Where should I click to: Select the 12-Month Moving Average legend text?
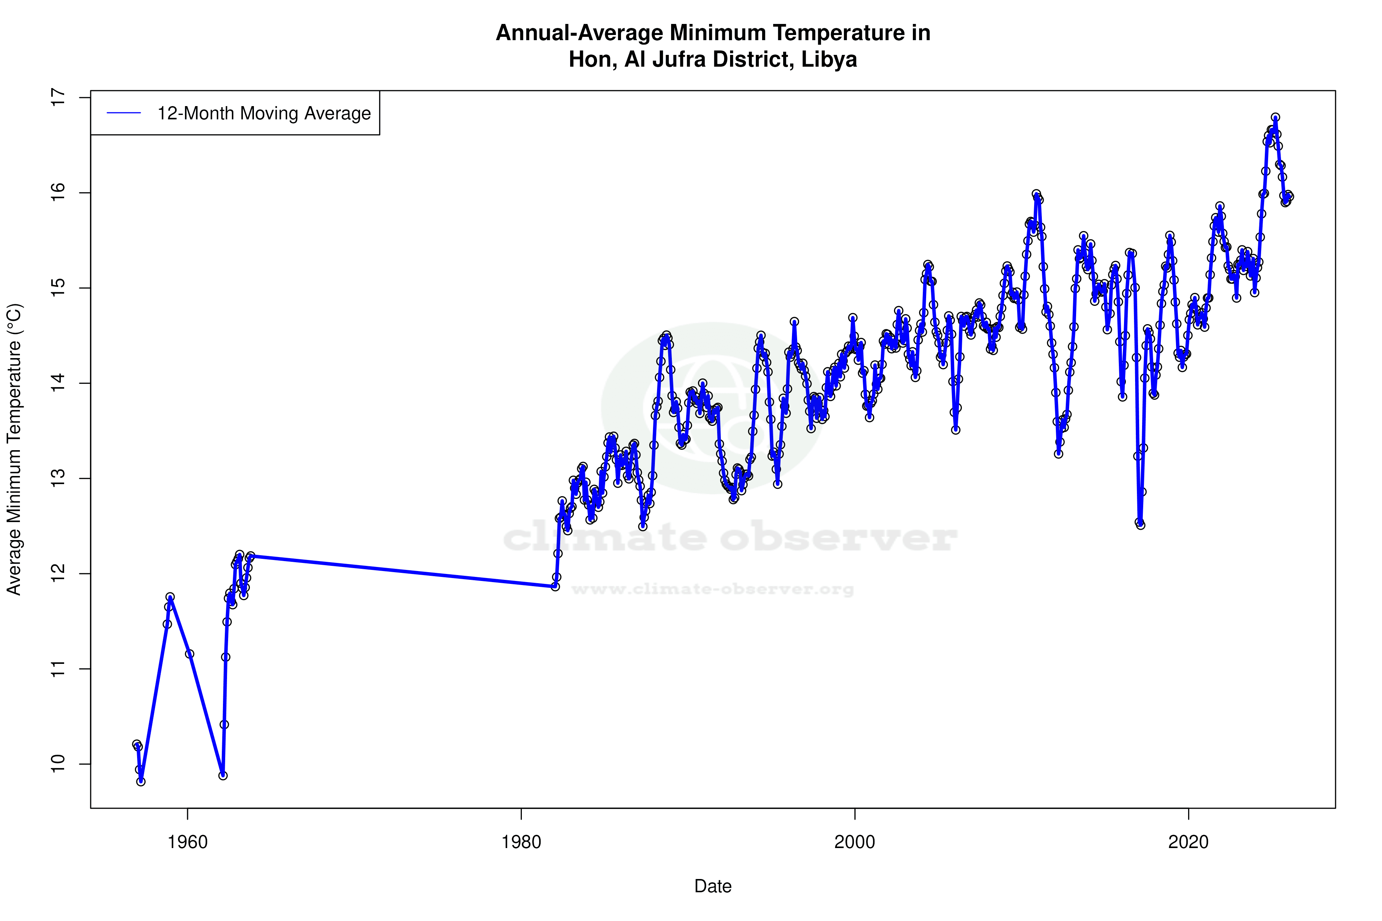point(264,113)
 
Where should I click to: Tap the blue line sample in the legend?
point(124,113)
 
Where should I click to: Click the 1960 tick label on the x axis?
point(188,842)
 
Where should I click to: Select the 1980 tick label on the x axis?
point(521,842)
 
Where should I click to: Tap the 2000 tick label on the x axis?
point(855,842)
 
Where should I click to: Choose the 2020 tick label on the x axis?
point(1189,842)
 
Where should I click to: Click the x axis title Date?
point(713,886)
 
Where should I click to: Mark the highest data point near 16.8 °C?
point(1275,118)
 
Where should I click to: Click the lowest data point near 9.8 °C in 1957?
point(141,781)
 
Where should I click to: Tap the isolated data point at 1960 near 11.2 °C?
point(189,654)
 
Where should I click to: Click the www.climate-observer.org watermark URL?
point(713,589)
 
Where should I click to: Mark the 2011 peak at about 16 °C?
point(1036,195)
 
